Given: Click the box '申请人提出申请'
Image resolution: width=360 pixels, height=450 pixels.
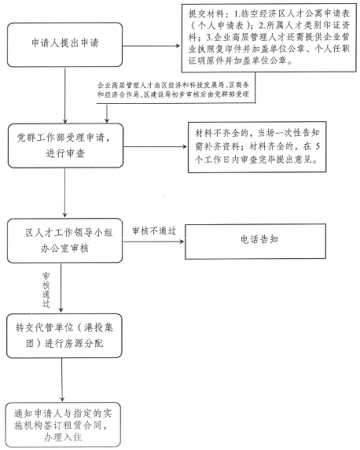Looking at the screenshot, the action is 64,45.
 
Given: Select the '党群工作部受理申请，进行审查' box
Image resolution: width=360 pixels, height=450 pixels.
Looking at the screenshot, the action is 65,146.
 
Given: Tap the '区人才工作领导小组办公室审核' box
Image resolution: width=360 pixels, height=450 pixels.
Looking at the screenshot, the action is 64,241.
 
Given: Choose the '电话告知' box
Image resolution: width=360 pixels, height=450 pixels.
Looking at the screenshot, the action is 255,241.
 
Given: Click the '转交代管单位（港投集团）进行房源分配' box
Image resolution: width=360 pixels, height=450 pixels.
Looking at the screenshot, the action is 64,335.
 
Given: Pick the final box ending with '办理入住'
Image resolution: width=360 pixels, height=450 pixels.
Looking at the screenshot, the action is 63,425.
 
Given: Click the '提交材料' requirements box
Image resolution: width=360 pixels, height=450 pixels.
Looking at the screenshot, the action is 269,39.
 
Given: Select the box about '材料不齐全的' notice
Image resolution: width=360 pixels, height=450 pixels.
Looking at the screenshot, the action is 257,147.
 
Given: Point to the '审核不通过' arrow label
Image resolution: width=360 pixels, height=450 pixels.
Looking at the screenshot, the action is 154,231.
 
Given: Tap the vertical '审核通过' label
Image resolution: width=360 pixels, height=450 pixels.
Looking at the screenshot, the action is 46,290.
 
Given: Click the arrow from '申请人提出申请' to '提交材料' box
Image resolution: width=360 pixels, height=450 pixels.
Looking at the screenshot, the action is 152,46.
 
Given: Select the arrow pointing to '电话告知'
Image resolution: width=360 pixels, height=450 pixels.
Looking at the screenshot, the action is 153,242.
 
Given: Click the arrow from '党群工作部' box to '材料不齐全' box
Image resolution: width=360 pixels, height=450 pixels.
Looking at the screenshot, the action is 155,146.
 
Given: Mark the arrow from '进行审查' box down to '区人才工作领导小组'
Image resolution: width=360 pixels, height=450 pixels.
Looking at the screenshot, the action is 64,193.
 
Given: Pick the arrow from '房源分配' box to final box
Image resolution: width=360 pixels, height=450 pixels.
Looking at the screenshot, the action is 62,380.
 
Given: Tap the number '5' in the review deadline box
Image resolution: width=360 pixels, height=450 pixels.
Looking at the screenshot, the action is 317,146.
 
